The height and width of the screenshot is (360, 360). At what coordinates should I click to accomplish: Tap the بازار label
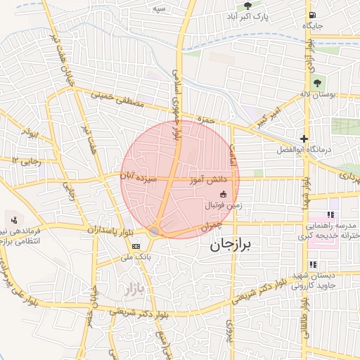(x=132, y=288)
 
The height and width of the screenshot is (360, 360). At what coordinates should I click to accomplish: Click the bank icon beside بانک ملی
(x=136, y=245)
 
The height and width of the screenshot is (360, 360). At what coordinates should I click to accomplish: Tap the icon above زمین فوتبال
(x=224, y=194)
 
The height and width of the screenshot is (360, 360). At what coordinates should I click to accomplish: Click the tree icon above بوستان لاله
(x=318, y=82)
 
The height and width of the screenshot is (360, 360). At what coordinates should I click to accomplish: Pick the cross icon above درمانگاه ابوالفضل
(x=304, y=139)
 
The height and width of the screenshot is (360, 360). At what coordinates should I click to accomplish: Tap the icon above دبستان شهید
(x=314, y=265)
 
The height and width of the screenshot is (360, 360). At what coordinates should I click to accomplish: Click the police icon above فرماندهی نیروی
(x=14, y=220)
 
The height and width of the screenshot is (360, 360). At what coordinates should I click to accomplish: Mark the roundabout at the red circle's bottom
(x=155, y=231)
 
